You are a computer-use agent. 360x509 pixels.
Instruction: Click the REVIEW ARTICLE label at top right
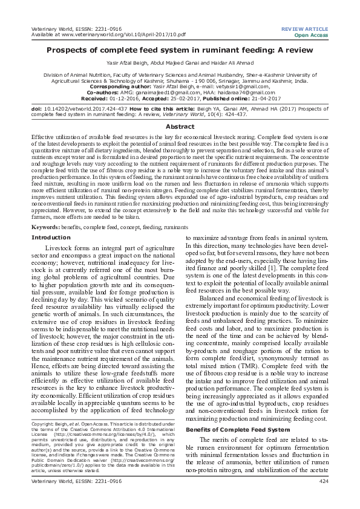307,28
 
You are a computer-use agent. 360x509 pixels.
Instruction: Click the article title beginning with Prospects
180,53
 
